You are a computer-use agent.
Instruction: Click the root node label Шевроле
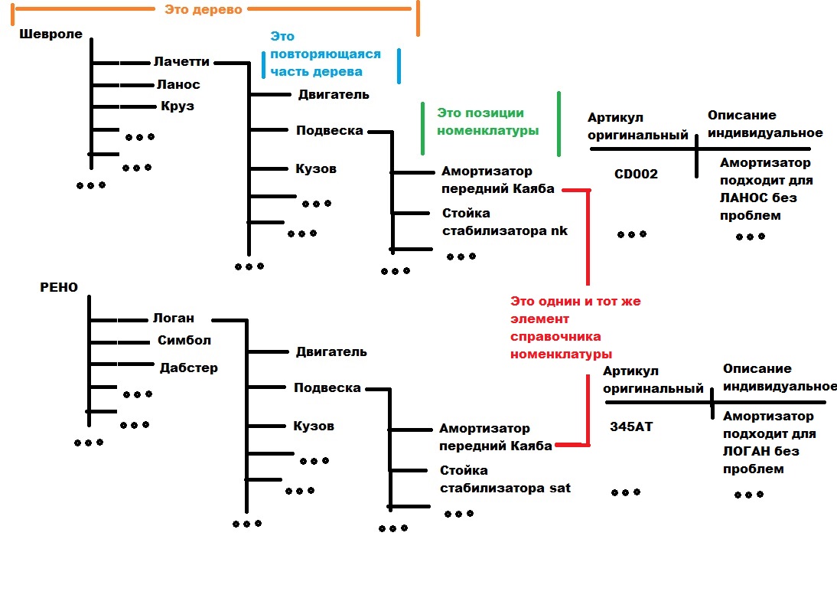point(50,34)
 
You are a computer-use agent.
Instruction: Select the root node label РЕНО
point(60,287)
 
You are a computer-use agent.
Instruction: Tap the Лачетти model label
point(181,62)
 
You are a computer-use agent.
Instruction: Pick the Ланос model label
point(177,84)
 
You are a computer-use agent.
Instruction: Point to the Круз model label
point(177,106)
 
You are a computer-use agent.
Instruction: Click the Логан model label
point(173,318)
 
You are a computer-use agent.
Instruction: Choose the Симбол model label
point(184,340)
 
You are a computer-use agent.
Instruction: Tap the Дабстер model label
point(188,368)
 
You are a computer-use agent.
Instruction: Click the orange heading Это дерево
point(203,10)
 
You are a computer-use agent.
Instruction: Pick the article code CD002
point(636,174)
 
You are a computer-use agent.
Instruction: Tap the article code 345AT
point(631,427)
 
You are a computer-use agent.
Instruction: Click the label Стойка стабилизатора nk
point(505,221)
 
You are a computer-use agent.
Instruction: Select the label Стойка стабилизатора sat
point(505,479)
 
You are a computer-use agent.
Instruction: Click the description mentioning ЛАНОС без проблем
point(765,189)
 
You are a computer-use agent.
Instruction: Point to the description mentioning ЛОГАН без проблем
point(767,443)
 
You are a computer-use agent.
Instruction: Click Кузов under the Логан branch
point(314,426)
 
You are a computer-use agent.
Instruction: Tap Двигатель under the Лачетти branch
point(334,95)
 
